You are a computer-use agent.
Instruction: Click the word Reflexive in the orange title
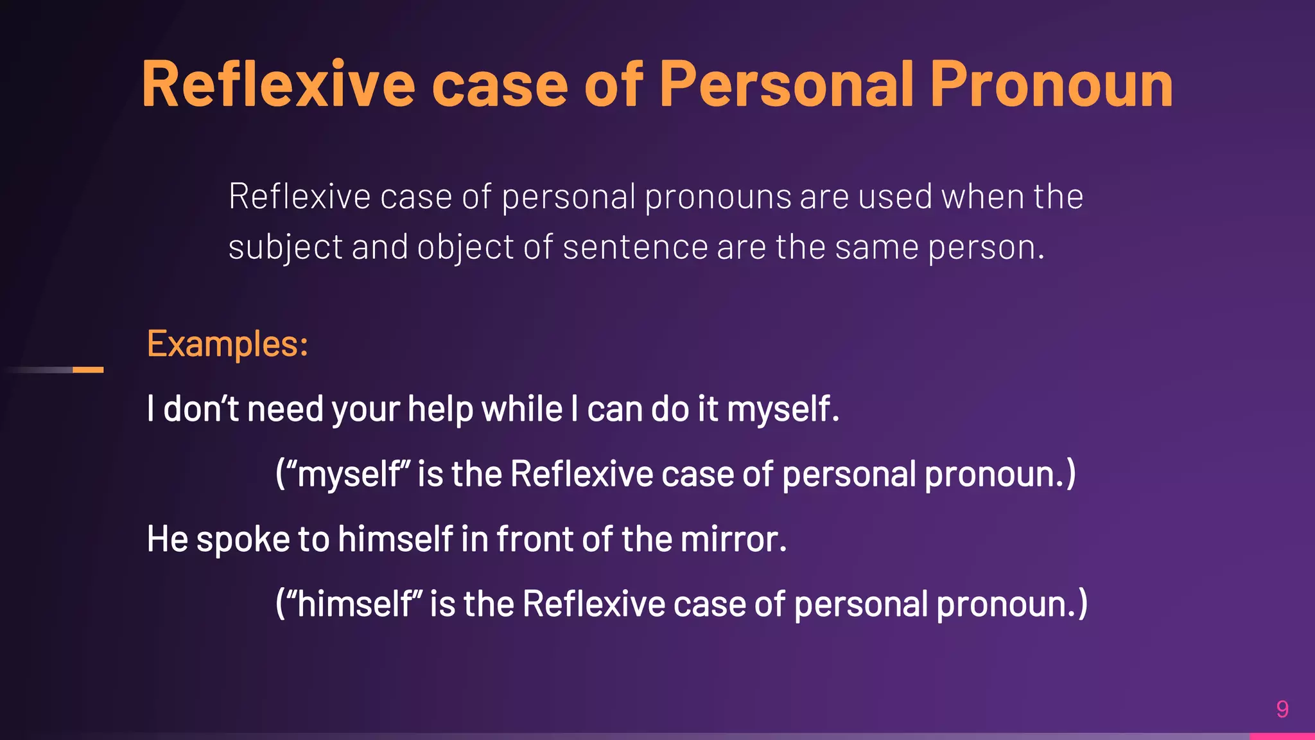tap(279, 85)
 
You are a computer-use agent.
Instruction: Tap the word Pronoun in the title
tap(1051, 85)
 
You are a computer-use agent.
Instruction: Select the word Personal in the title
tap(787, 85)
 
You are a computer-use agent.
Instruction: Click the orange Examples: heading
tap(227, 344)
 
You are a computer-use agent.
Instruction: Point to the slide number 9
tap(1282, 709)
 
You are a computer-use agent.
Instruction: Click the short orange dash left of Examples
tap(88, 370)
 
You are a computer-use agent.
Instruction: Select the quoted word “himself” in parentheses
tap(353, 604)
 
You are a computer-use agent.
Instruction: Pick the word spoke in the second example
tap(243, 539)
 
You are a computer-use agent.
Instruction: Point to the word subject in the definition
tap(285, 248)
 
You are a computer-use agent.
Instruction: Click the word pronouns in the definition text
tap(718, 197)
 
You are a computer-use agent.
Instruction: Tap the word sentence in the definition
tap(635, 248)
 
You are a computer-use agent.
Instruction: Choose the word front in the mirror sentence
tap(535, 539)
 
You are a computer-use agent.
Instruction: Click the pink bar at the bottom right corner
tap(1282, 736)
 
